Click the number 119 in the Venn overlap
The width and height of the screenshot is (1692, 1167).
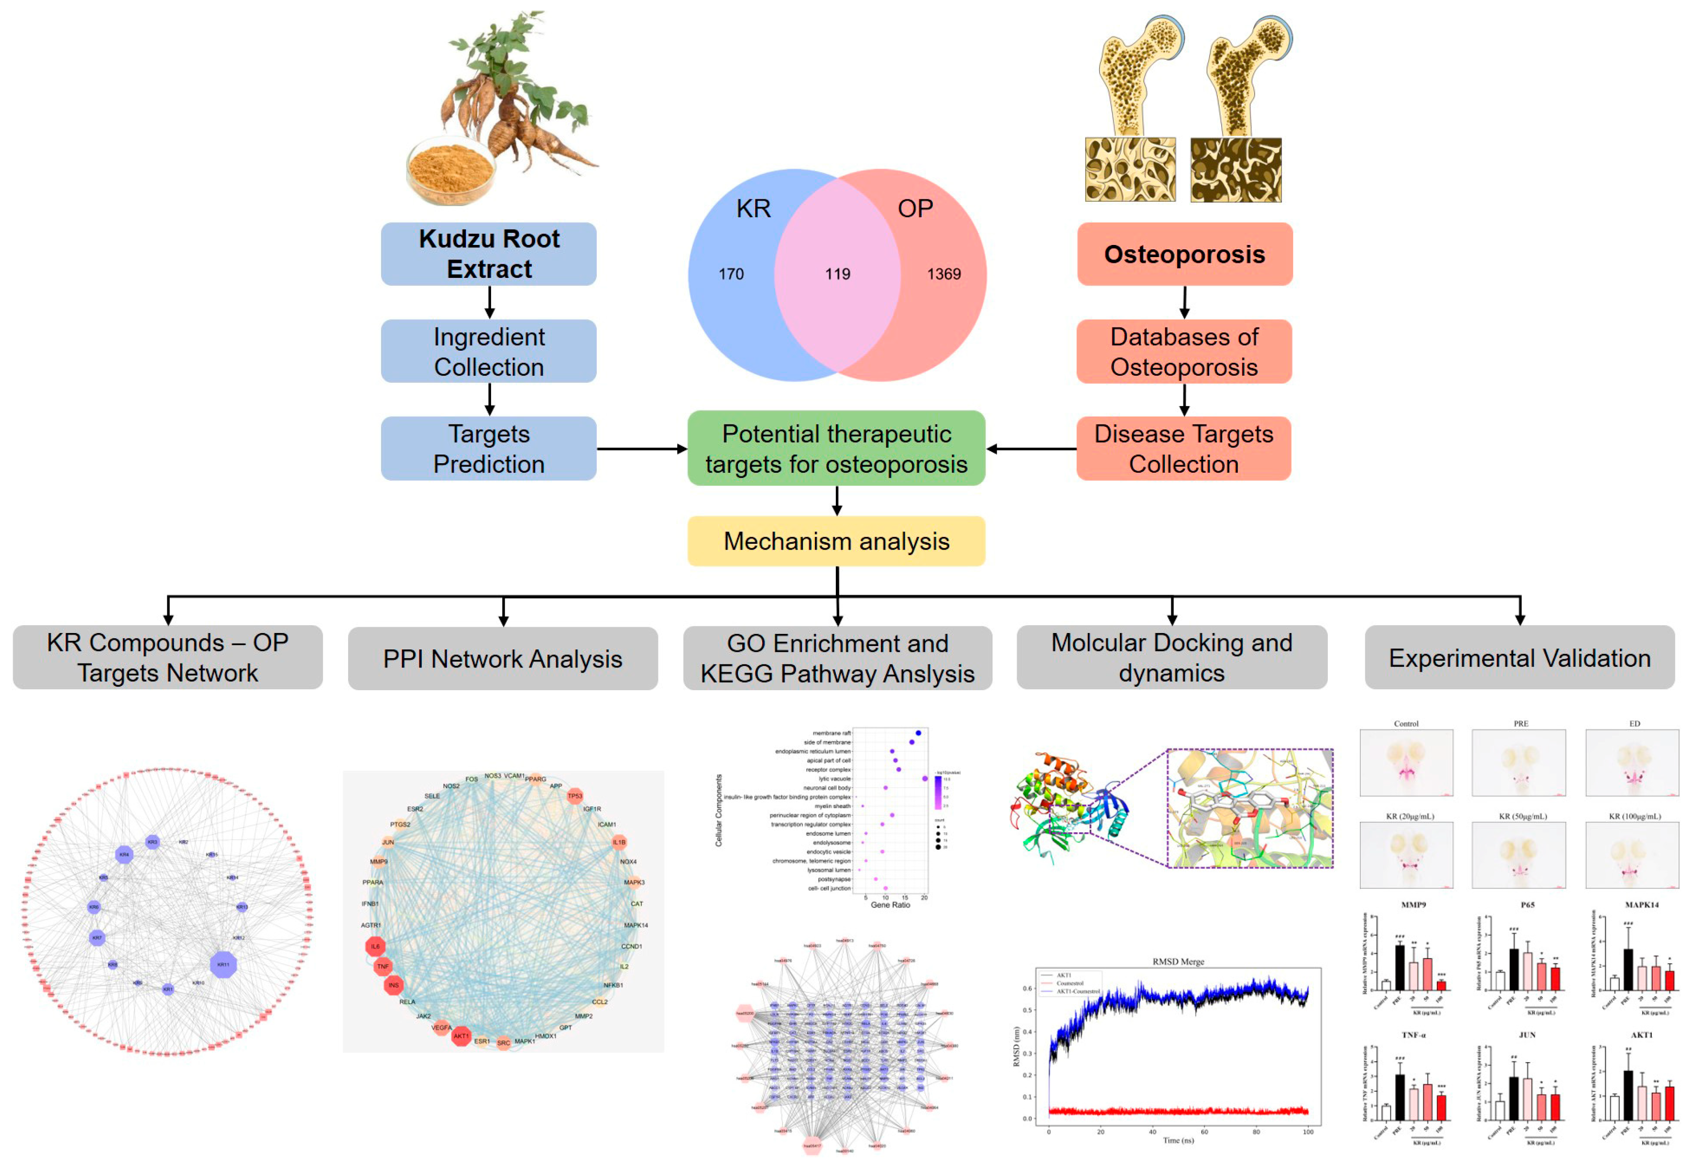[838, 274]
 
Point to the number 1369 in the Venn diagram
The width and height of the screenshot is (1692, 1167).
[943, 274]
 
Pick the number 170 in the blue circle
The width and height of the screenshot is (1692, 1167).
[731, 274]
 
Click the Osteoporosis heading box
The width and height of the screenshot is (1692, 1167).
[1184, 254]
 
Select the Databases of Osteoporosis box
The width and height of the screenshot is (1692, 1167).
[1184, 351]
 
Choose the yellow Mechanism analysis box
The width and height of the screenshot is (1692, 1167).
[836, 541]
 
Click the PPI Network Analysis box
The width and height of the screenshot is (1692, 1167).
[503, 658]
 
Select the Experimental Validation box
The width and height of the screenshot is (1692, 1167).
[1519, 657]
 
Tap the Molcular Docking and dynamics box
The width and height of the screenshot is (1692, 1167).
[1172, 657]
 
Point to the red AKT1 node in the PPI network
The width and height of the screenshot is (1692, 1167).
[461, 1036]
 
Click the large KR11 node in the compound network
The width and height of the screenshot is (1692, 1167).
[223, 964]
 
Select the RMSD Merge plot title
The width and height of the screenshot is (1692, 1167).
[1178, 961]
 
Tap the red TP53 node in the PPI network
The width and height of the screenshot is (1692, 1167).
[575, 795]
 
